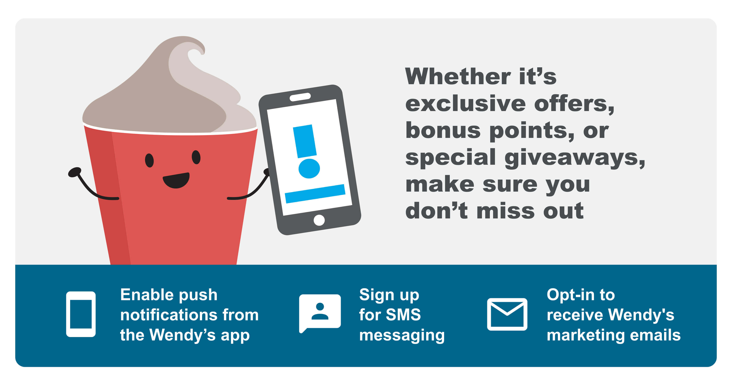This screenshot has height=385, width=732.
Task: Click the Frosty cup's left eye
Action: pos(149,160)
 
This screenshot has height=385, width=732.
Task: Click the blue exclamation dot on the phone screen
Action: pos(309,168)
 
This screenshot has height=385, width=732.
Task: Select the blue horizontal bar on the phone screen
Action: pos(315,194)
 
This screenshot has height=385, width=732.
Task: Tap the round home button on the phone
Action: pos(319,220)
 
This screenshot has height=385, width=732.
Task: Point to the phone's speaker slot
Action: pos(300,97)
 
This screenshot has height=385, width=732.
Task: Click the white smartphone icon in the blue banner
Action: pos(81,314)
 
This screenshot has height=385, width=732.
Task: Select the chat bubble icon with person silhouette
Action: pos(320,313)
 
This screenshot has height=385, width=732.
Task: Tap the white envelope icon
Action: pos(507,314)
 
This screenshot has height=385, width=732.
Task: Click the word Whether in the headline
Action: pos(458,77)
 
